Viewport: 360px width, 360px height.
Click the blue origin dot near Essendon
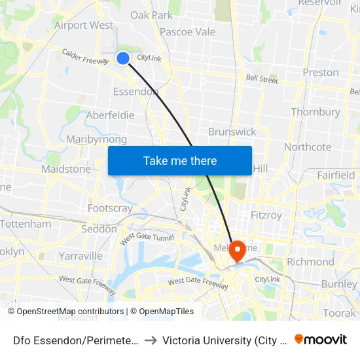pyautogui.click(x=123, y=58)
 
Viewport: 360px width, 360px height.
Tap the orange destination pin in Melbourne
pyautogui.click(x=236, y=250)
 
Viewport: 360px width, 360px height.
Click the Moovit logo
pyautogui.click(x=321, y=340)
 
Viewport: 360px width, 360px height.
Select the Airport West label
pyautogui.click(x=84, y=26)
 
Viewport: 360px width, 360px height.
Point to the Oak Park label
pyautogui.click(x=151, y=15)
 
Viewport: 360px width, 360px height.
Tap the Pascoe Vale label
pyautogui.click(x=187, y=31)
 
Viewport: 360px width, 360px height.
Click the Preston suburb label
pyautogui.click(x=321, y=72)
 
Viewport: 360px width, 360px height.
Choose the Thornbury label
pyautogui.click(x=315, y=112)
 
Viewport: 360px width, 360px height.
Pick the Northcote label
pyautogui.click(x=307, y=147)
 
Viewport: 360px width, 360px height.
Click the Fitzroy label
pyautogui.click(x=266, y=215)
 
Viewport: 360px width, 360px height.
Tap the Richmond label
pyautogui.click(x=310, y=262)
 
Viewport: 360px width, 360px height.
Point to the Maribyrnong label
pyautogui.click(x=96, y=139)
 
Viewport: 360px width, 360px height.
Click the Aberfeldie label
pyautogui.click(x=110, y=115)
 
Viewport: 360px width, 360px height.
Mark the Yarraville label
pyautogui.click(x=81, y=255)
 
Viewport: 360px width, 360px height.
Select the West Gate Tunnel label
pyautogui.click(x=147, y=236)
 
